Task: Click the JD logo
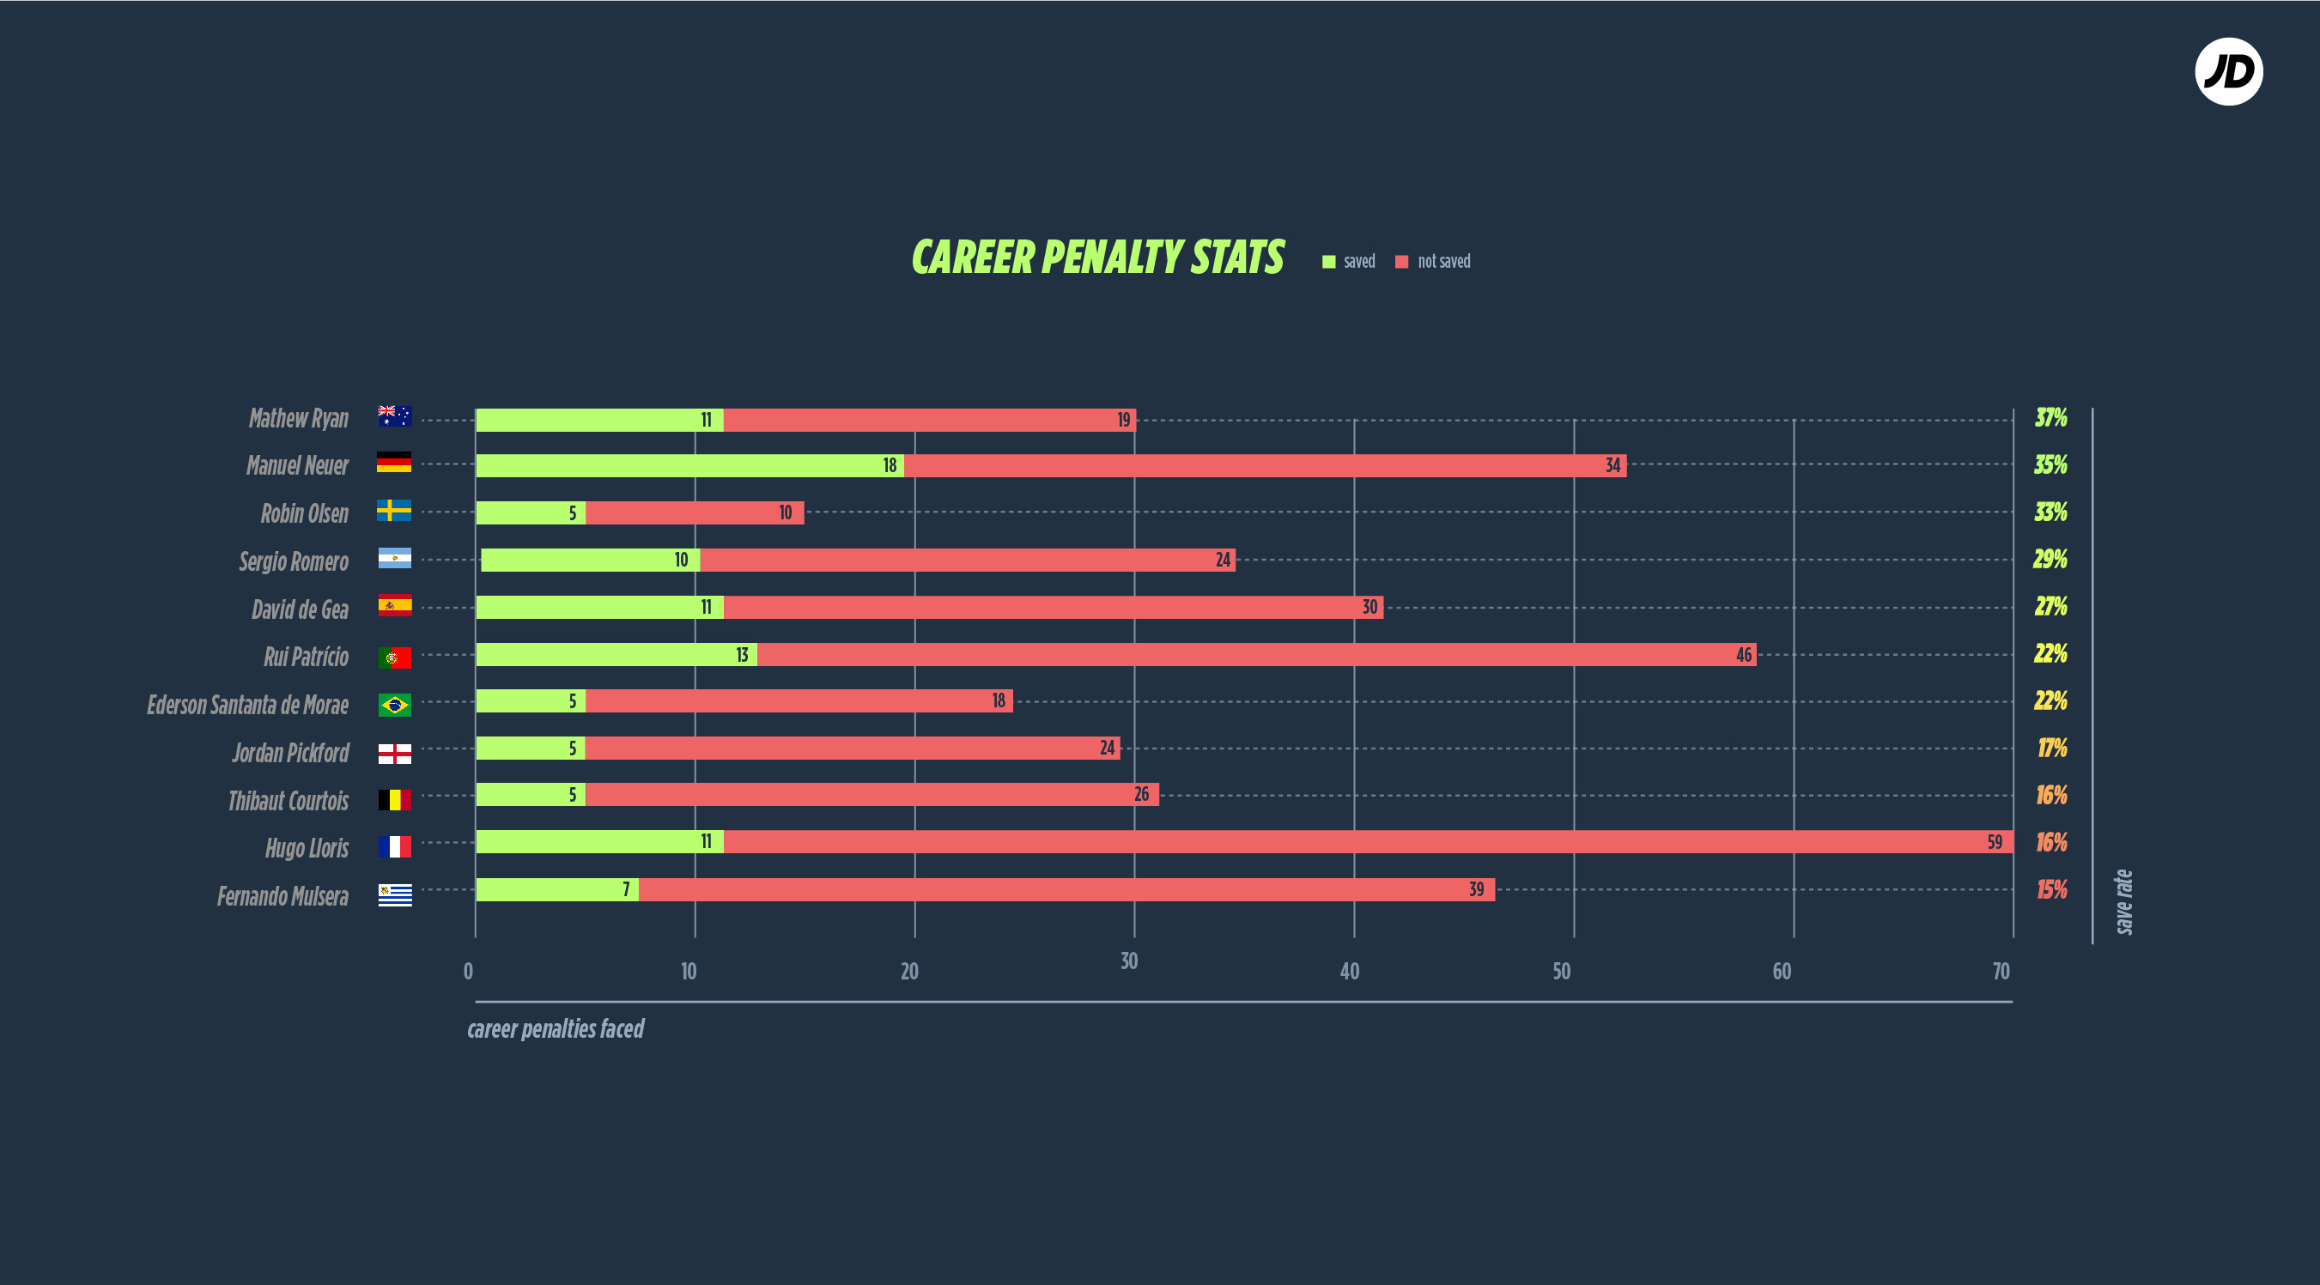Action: point(2228,72)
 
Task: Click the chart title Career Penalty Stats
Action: point(1097,258)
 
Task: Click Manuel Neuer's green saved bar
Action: point(689,465)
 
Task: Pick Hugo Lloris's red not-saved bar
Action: point(1351,842)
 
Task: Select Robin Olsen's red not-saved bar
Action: point(694,512)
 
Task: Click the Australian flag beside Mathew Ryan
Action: point(394,416)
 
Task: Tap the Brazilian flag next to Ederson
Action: point(394,704)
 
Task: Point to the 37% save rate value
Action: point(2050,418)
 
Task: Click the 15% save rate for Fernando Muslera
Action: point(2051,889)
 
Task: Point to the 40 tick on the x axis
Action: point(1349,971)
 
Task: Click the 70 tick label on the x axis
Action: point(2001,971)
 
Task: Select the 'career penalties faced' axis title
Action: point(556,1028)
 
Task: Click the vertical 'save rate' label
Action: point(2123,901)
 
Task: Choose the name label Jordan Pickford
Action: point(290,753)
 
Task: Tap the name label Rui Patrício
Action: point(306,657)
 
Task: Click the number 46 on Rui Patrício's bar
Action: point(1744,655)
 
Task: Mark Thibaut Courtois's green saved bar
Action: point(531,794)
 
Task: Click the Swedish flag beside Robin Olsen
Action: point(393,511)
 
